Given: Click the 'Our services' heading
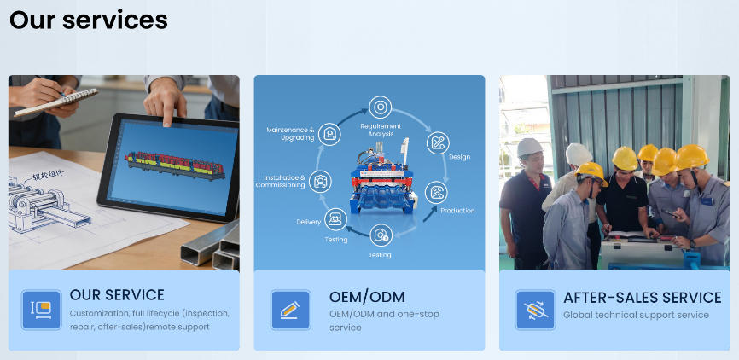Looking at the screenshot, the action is tap(89, 20).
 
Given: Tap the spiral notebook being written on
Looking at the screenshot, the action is tap(56, 102).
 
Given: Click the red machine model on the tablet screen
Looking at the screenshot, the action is tap(174, 165).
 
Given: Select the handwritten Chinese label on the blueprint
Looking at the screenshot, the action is tap(48, 177).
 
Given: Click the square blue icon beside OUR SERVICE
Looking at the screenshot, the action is tap(42, 310).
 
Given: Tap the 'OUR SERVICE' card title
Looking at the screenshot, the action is tap(117, 295).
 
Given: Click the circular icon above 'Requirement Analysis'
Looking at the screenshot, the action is tap(380, 107).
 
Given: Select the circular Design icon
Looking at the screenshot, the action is tap(438, 142).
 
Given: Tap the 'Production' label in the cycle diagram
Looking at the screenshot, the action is tap(457, 211).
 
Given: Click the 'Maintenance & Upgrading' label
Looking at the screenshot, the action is tap(290, 134).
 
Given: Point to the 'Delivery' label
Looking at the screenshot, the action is tap(309, 222).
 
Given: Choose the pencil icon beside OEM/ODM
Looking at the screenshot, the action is tap(290, 310).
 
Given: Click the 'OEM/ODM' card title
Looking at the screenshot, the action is tap(367, 298).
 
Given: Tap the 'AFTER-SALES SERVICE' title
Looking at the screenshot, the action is tap(643, 298).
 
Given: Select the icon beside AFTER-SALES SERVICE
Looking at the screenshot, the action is tap(535, 310).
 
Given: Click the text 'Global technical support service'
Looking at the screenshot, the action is tap(636, 315).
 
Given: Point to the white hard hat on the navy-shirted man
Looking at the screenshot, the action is tap(530, 147).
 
